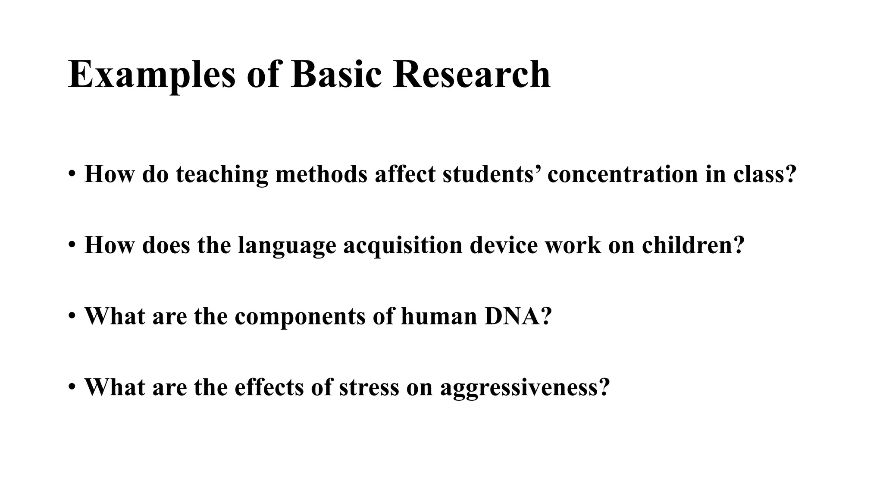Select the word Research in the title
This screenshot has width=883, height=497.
[471, 74]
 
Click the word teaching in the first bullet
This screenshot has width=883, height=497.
[222, 175]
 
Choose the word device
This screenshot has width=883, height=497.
[504, 245]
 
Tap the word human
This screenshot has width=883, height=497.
[438, 316]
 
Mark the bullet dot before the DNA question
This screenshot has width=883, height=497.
[72, 317]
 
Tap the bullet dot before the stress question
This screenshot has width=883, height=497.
[72, 387]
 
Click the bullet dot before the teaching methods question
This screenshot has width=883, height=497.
[72, 174]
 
